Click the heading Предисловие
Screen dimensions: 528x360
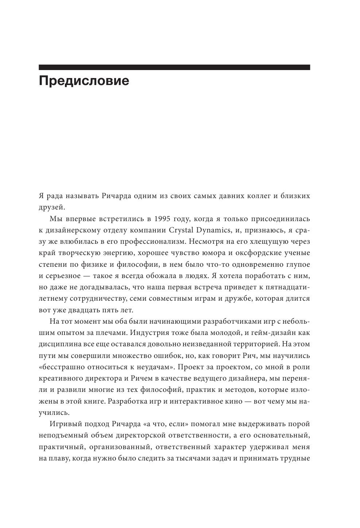coord(84,81)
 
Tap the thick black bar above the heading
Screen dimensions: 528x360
coord(174,67)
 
